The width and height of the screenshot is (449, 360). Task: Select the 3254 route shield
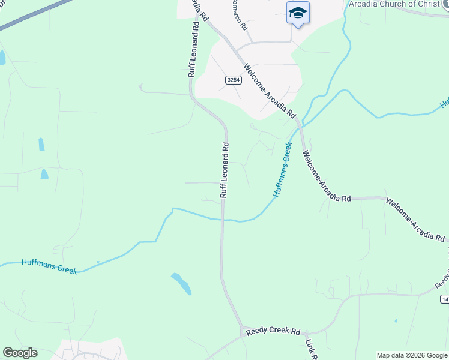tap(234, 80)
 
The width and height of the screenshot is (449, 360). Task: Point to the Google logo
tap(20, 353)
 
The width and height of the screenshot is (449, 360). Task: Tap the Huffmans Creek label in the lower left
tap(49, 266)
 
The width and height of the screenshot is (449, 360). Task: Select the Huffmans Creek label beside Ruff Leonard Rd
tap(282, 170)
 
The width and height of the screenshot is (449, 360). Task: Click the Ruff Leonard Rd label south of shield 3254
tap(224, 170)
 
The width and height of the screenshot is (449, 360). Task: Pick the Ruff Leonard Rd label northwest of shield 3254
tap(193, 47)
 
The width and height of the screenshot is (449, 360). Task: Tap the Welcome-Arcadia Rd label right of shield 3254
tap(270, 91)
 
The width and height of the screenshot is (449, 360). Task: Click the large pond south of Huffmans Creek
tap(181, 283)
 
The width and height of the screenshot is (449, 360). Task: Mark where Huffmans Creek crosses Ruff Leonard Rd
tap(223, 220)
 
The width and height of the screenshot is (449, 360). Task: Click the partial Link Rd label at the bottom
tap(311, 349)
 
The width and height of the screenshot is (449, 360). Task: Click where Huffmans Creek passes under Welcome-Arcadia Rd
tap(301, 126)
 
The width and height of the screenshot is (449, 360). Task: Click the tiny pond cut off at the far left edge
tap(2, 58)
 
